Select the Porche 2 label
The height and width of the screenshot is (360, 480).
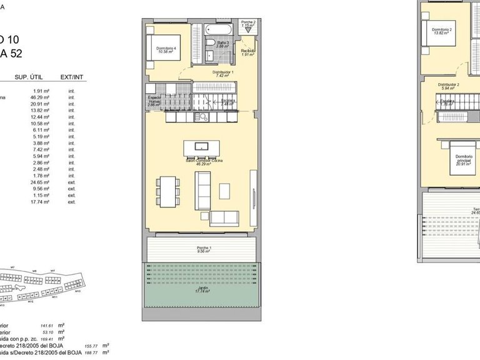click(249, 23)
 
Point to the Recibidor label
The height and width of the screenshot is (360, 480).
click(249, 52)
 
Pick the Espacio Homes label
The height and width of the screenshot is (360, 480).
click(154, 101)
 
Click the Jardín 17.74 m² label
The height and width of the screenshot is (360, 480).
click(201, 291)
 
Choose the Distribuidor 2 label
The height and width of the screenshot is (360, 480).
click(448, 86)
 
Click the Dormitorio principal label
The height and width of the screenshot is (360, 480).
click(462, 161)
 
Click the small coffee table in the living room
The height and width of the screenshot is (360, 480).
click(224, 187)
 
